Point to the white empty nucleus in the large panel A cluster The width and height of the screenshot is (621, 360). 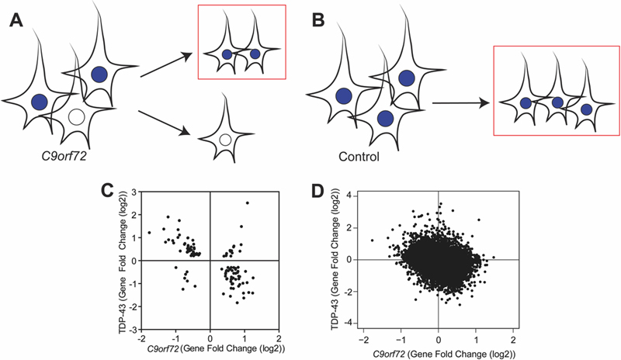76,117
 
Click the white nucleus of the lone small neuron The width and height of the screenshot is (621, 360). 224,140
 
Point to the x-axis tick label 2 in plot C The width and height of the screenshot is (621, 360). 278,340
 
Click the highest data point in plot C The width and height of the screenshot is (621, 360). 247,202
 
